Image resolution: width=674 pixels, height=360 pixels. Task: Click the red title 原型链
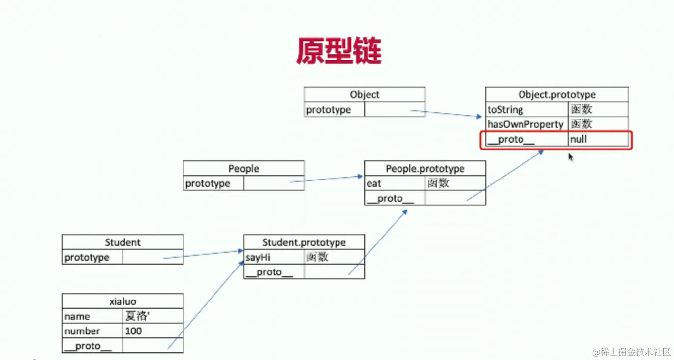tap(338, 51)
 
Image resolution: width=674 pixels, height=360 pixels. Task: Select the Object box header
tap(364, 95)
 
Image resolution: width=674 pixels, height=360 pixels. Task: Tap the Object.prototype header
tap(556, 95)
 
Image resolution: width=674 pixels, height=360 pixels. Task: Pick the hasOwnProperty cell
tap(525, 124)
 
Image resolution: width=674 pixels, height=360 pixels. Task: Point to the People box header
tap(244, 169)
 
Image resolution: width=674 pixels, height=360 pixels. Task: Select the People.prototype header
tap(425, 169)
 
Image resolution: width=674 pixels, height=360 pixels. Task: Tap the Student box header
tap(123, 242)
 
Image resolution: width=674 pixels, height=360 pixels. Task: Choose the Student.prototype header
tap(304, 242)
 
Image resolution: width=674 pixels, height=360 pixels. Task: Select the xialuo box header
tap(123, 301)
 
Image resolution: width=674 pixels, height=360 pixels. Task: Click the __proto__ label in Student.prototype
tap(269, 272)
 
